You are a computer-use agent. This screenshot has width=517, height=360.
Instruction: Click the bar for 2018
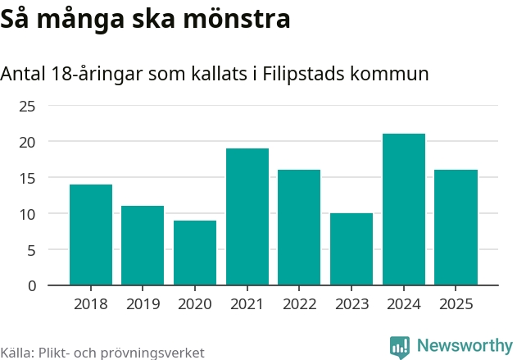click(x=91, y=235)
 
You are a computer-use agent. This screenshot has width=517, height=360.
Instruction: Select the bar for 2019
click(x=143, y=245)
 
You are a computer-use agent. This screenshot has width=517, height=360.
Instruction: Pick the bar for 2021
click(x=247, y=216)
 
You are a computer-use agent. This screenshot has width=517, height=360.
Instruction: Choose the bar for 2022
click(x=299, y=227)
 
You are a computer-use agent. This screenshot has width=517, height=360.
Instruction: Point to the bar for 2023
click(x=351, y=249)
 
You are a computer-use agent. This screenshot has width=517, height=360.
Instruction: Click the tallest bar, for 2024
click(x=404, y=209)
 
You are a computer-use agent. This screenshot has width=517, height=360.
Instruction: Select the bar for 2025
click(x=456, y=227)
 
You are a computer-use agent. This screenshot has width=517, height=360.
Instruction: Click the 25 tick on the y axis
click(x=28, y=106)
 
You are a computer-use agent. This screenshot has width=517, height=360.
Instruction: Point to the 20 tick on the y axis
click(x=28, y=142)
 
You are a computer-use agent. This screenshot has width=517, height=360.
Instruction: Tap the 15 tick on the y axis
click(x=28, y=178)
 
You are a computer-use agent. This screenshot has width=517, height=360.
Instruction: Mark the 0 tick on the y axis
click(x=32, y=285)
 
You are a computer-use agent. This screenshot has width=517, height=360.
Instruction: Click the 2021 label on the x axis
click(x=247, y=304)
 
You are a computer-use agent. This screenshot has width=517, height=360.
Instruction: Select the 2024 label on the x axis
click(x=404, y=304)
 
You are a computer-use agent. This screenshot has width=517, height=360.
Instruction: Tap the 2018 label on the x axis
click(x=91, y=304)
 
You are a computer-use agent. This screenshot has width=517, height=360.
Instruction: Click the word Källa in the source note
click(x=17, y=353)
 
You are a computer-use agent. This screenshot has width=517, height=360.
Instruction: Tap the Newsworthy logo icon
click(x=400, y=346)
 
